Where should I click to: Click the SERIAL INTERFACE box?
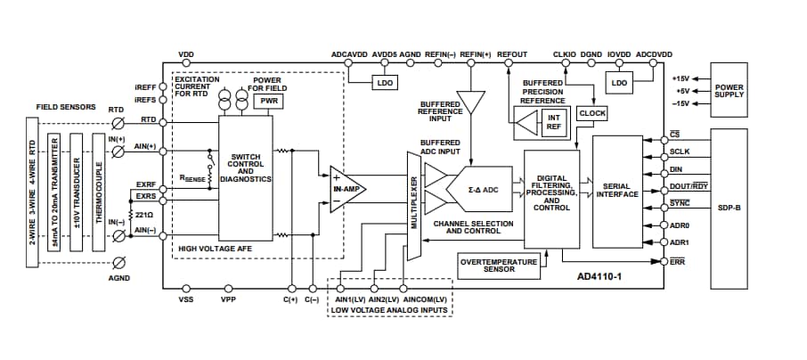pos(616,192)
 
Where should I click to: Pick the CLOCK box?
pos(592,113)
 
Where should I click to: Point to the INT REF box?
pos(553,122)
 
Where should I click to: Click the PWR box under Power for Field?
pos(267,102)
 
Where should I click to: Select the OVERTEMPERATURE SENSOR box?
pos(500,265)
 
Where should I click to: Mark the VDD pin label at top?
pos(186,54)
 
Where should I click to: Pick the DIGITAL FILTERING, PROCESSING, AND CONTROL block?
pos(551,192)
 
